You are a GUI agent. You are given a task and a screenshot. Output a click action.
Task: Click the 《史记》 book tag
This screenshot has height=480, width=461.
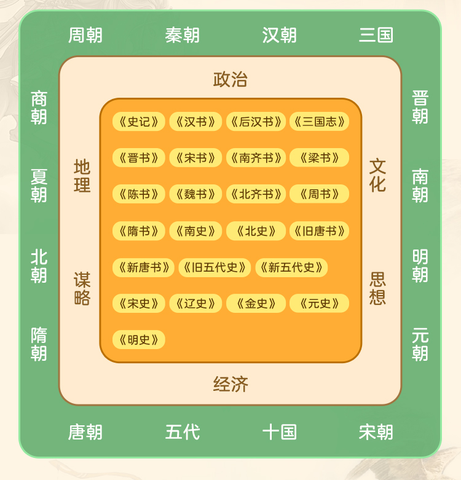(139, 122)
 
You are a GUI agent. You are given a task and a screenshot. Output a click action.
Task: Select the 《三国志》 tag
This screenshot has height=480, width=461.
(319, 122)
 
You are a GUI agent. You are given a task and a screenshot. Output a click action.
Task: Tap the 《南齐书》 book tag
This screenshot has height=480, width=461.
(256, 158)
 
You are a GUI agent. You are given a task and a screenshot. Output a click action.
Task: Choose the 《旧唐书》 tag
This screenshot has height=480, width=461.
(319, 231)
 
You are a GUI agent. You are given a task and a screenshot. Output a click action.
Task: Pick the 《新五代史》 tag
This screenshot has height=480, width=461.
(291, 267)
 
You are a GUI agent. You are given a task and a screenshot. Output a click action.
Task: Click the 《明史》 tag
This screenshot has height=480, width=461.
(139, 340)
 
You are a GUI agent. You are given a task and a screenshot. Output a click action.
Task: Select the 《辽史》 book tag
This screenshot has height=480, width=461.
(196, 304)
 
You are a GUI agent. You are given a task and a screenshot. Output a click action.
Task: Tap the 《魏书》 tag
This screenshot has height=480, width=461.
(196, 194)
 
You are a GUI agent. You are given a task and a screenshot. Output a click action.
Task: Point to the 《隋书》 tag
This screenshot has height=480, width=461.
(139, 231)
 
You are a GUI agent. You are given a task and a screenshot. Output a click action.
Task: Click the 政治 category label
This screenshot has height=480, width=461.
(230, 79)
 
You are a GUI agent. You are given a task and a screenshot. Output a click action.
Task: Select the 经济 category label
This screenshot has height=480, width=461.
(230, 385)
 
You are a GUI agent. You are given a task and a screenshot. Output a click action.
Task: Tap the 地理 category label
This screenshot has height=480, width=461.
(82, 176)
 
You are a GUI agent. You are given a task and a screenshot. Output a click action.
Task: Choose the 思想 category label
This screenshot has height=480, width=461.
(378, 288)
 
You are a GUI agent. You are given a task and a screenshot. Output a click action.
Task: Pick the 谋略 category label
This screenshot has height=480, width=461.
(82, 289)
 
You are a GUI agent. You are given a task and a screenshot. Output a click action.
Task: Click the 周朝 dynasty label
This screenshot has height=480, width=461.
(85, 35)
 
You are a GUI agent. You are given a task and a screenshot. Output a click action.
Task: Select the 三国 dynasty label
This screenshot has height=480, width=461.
(376, 35)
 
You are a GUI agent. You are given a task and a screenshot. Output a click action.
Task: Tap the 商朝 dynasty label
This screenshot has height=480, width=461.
(39, 108)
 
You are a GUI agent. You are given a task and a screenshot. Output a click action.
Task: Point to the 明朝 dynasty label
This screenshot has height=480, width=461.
(420, 266)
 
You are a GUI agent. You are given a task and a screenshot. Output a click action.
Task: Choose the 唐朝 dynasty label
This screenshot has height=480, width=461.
(85, 432)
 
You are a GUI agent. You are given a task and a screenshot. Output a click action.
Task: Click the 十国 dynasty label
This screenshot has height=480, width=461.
(280, 432)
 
